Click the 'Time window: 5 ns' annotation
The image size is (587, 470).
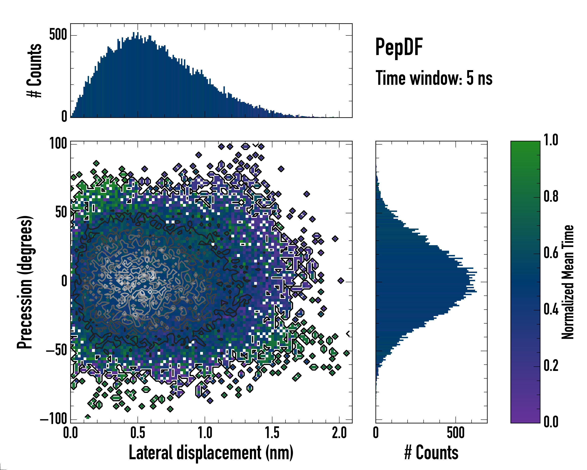[x=434, y=78]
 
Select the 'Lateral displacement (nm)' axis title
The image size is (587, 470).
[x=211, y=453]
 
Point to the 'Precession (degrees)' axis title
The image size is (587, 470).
[x=25, y=282]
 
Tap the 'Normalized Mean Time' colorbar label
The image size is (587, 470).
[x=568, y=282]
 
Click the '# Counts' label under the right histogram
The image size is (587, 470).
[x=431, y=453]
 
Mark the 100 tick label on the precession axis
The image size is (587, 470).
[x=58, y=144]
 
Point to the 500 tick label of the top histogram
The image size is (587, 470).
[x=58, y=35]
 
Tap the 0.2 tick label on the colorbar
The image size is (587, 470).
[x=551, y=366]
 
